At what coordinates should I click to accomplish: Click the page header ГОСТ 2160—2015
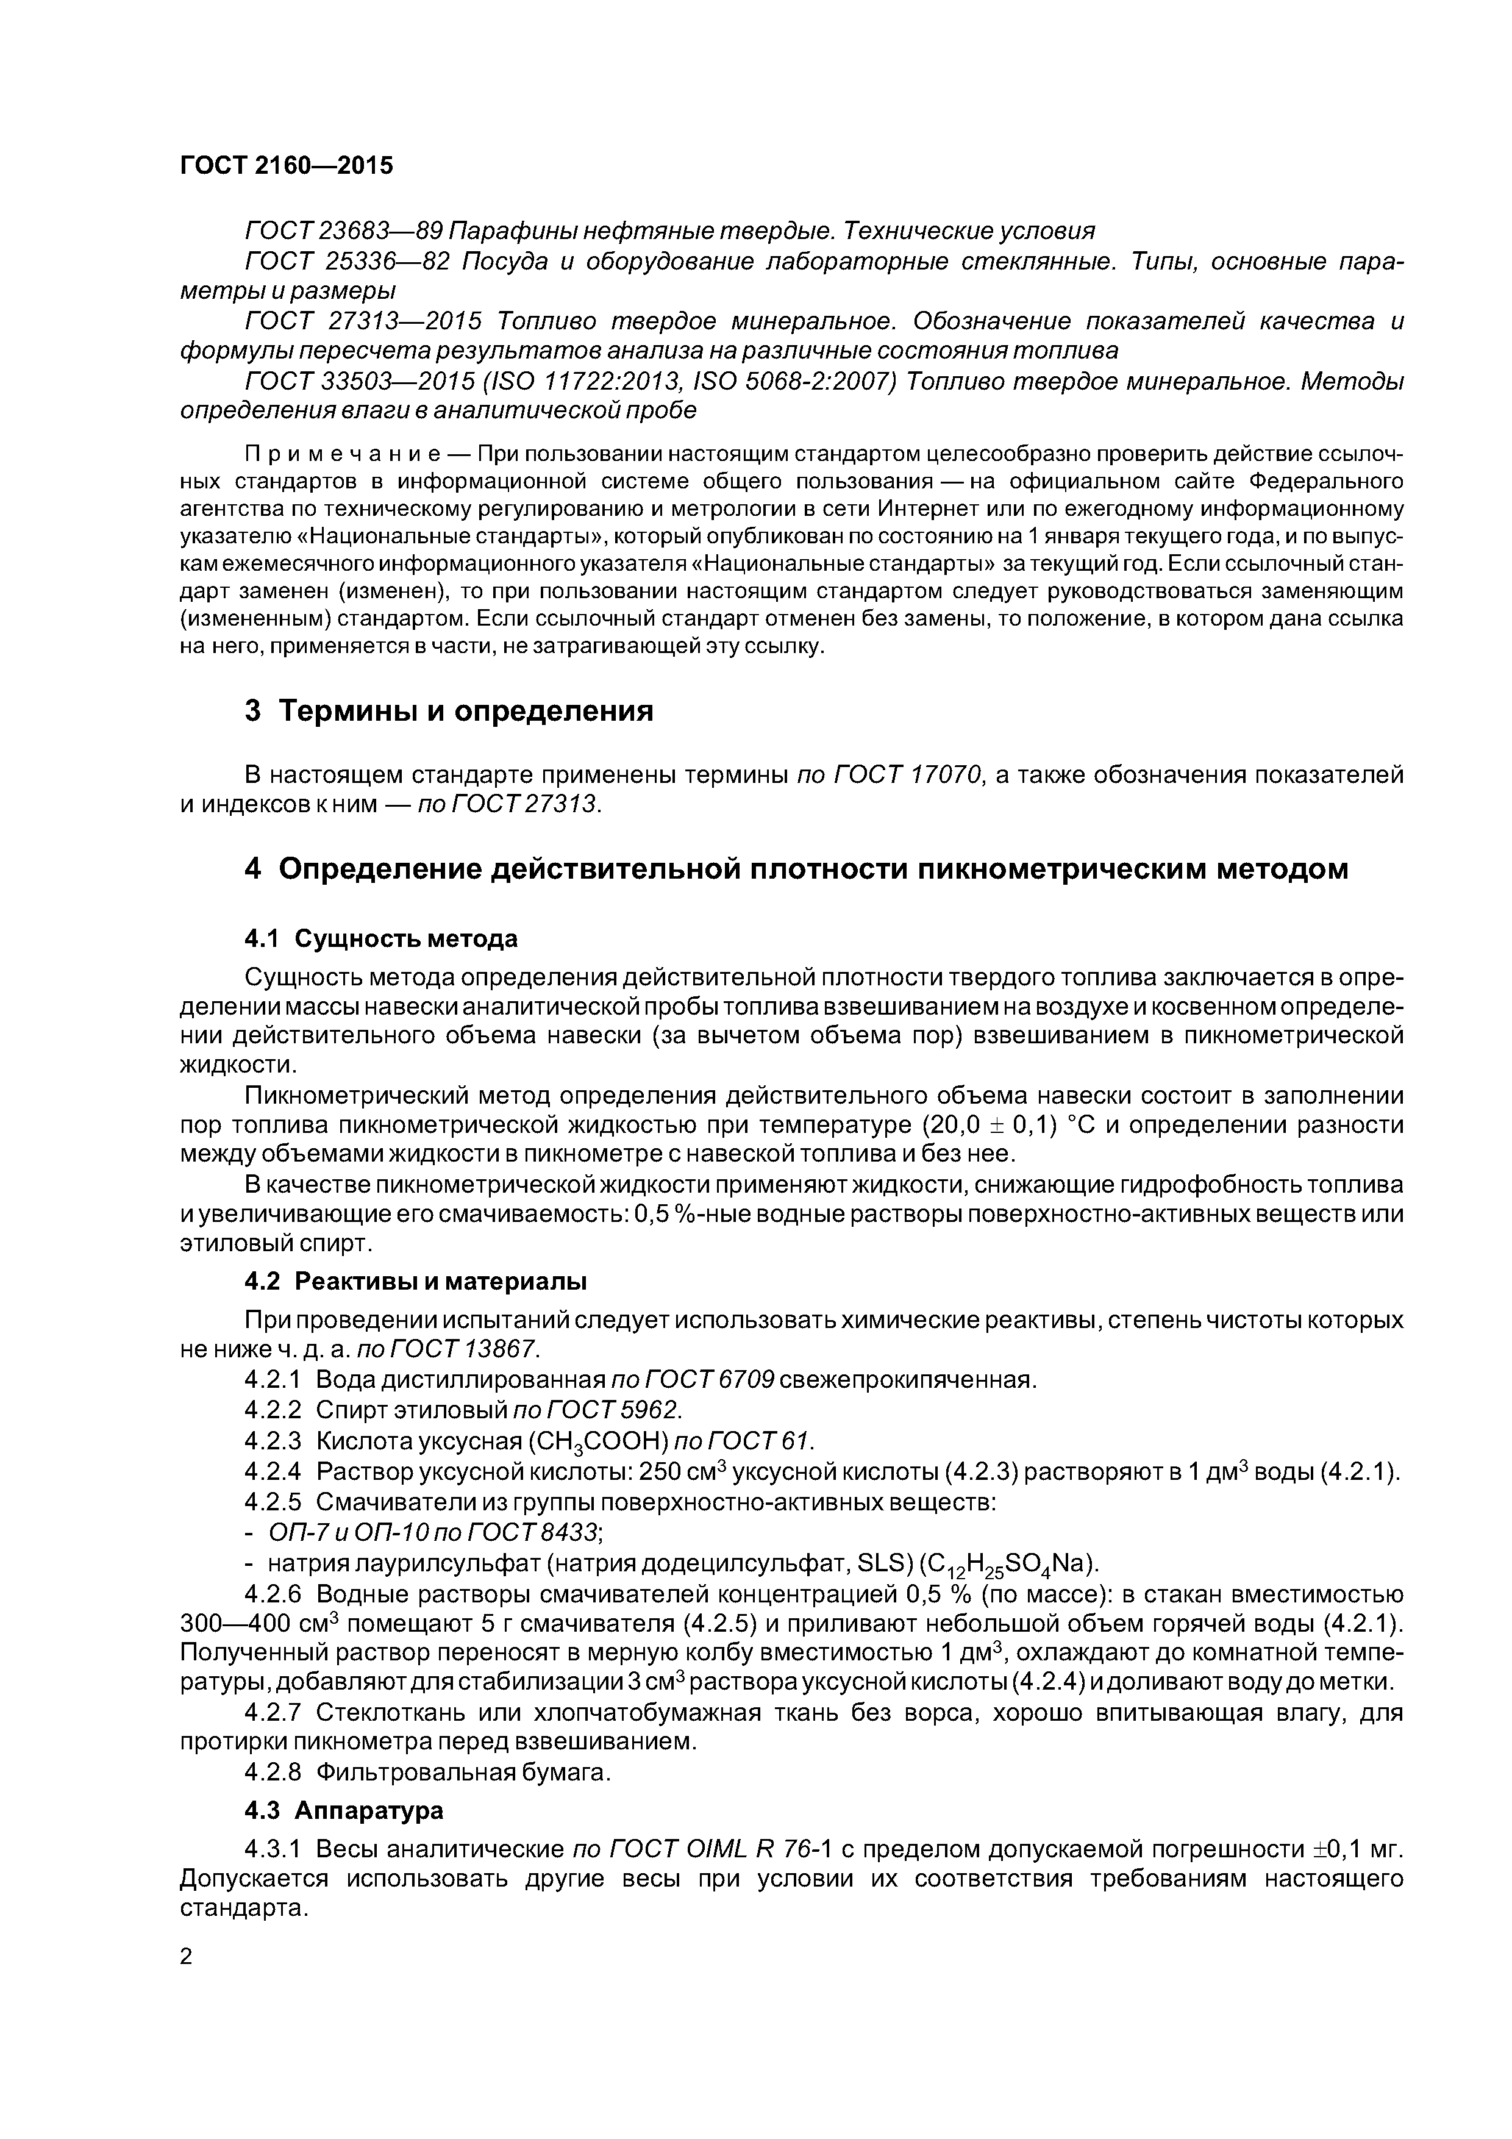click(286, 166)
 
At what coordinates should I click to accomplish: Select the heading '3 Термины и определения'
click(448, 711)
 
